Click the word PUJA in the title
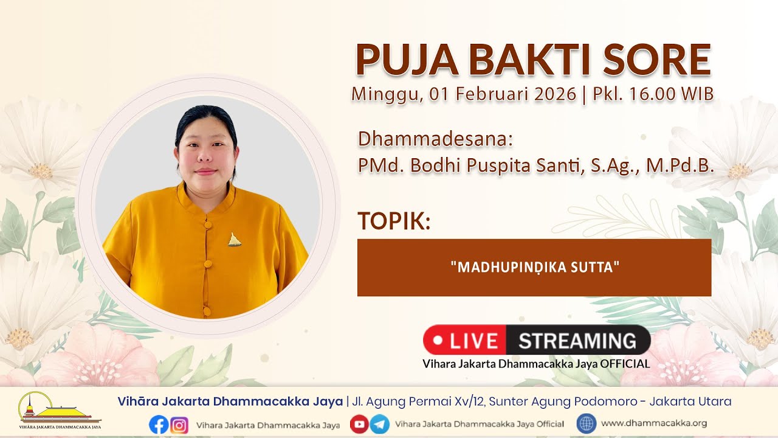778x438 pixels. pos(407,60)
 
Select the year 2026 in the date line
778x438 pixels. pos(555,94)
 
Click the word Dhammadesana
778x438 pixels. pos(435,139)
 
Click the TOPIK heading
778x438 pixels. pos(394,220)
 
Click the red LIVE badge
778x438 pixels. pos(465,340)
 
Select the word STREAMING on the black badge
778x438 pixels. pos(577,341)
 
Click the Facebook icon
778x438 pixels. pos(159,425)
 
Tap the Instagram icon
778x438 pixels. pos(179,425)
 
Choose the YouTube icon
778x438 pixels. pos(359,424)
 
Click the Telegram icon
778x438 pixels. pos(379,424)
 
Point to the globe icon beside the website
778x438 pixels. pos(587,423)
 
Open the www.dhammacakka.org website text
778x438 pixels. pos(654,423)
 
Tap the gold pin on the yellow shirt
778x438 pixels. pos(235,240)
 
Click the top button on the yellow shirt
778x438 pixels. pos(208,225)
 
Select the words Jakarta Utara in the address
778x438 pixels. pos(690,401)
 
